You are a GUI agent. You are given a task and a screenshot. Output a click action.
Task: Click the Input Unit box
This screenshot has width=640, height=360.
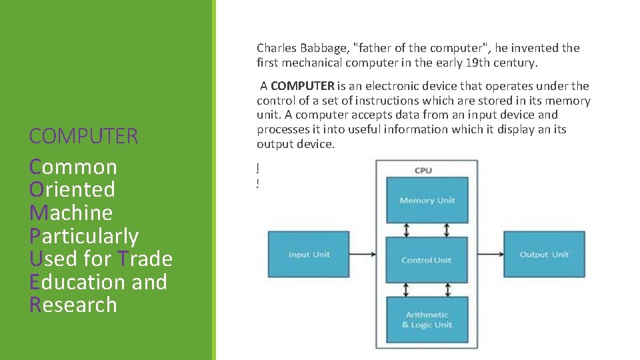[308, 254]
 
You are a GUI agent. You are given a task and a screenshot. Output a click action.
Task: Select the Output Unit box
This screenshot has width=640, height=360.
[544, 254]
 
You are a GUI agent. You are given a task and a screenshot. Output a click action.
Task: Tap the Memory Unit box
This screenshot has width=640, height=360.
[427, 200]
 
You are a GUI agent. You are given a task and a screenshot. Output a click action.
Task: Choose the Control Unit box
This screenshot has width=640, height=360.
[427, 260]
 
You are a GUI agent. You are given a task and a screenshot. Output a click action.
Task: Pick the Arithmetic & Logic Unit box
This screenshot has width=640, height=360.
[427, 320]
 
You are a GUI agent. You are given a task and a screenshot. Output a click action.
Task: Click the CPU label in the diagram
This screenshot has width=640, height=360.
[423, 170]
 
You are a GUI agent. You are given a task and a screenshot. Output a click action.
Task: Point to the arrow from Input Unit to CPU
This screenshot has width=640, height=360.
[362, 254]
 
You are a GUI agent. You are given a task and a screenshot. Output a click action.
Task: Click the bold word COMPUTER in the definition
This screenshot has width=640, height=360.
[303, 86]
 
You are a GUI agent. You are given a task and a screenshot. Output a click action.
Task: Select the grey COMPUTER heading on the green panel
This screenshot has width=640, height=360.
[83, 136]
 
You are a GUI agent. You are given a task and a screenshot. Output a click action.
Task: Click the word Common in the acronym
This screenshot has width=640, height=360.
[73, 167]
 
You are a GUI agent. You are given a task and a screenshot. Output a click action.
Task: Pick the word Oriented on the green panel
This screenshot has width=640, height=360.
[72, 189]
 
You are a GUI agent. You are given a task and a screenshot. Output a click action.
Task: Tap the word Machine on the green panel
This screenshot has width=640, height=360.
[71, 213]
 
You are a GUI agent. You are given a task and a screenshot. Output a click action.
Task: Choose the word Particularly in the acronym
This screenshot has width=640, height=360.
[84, 236]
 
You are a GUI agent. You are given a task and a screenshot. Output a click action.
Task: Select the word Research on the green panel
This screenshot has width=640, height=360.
[73, 305]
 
